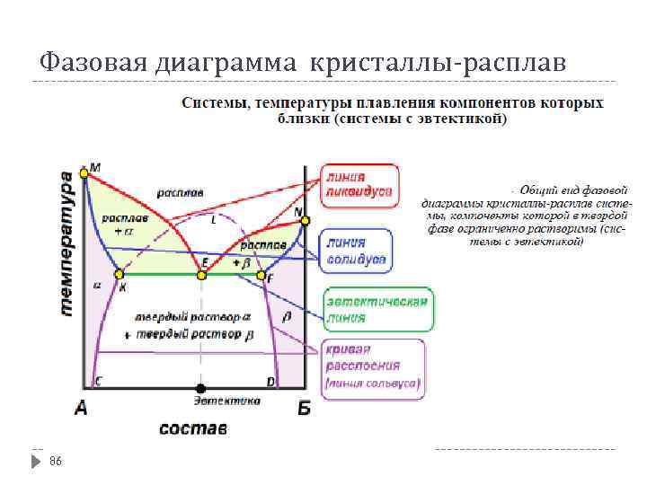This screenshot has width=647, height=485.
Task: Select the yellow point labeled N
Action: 305,220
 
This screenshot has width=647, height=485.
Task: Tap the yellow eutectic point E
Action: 202,273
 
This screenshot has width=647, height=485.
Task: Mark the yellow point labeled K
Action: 118,274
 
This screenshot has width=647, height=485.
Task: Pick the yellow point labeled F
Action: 261,275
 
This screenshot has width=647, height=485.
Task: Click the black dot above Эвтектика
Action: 200,388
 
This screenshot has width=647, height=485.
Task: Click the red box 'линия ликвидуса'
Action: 359,185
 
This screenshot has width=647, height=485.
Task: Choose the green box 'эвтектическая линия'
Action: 377,310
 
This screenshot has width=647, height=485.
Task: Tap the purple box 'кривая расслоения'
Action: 373,367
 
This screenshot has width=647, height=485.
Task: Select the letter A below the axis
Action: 81,409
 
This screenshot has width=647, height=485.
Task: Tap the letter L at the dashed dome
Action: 213,220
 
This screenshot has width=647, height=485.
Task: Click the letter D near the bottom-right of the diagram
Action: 270,382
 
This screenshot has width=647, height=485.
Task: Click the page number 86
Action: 56,460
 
